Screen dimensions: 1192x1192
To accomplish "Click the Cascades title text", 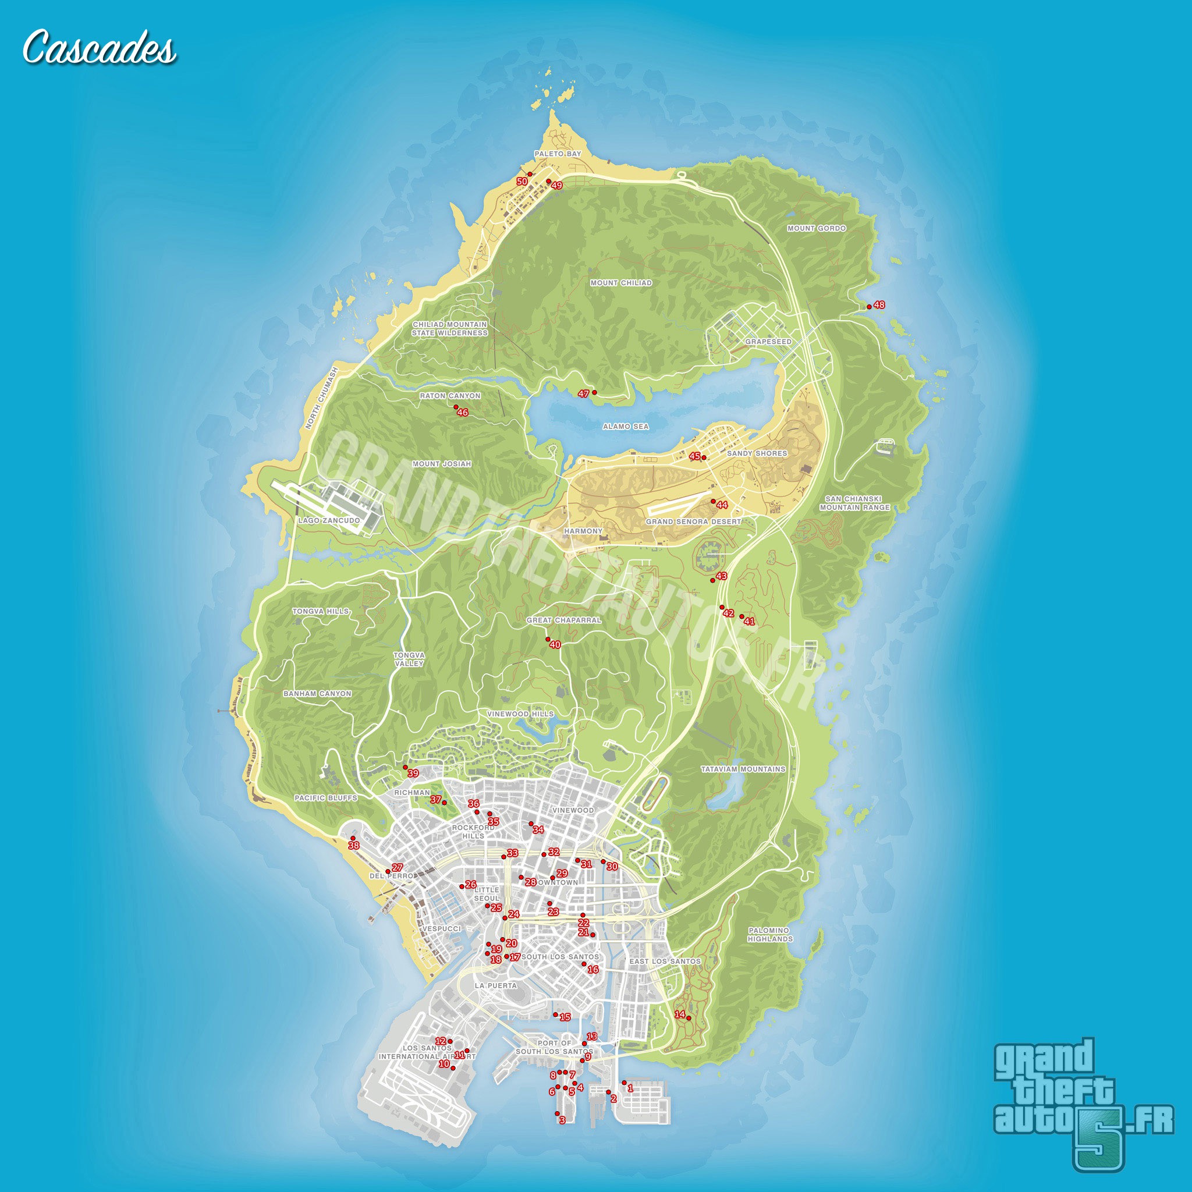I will coord(99,48).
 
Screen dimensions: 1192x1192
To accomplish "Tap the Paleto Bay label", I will coord(558,154).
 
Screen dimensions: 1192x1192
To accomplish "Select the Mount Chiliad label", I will coord(620,282).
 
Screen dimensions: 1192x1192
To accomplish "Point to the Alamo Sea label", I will coord(626,426).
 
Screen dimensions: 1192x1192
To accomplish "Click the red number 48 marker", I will coord(878,305).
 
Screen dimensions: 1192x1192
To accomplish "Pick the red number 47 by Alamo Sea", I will coord(583,393).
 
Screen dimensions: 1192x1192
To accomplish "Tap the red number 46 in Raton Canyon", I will coord(462,412).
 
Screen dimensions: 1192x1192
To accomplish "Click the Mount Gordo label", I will coord(816,228).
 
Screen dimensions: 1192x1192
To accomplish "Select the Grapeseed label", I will coord(768,341).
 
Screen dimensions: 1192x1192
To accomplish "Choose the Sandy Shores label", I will coord(757,453).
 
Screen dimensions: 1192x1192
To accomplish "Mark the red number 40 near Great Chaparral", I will coord(555,645).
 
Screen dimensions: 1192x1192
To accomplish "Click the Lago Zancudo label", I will coord(329,520).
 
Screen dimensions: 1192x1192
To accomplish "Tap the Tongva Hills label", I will coord(320,611).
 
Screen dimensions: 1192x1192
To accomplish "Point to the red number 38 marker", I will coord(353,845).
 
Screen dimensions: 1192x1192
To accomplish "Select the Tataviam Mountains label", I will coord(743,769).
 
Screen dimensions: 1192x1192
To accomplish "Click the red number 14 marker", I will coord(680,1014).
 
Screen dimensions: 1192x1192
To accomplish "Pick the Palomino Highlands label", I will coord(770,934).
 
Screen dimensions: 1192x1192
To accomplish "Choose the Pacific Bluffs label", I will coord(326,798).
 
